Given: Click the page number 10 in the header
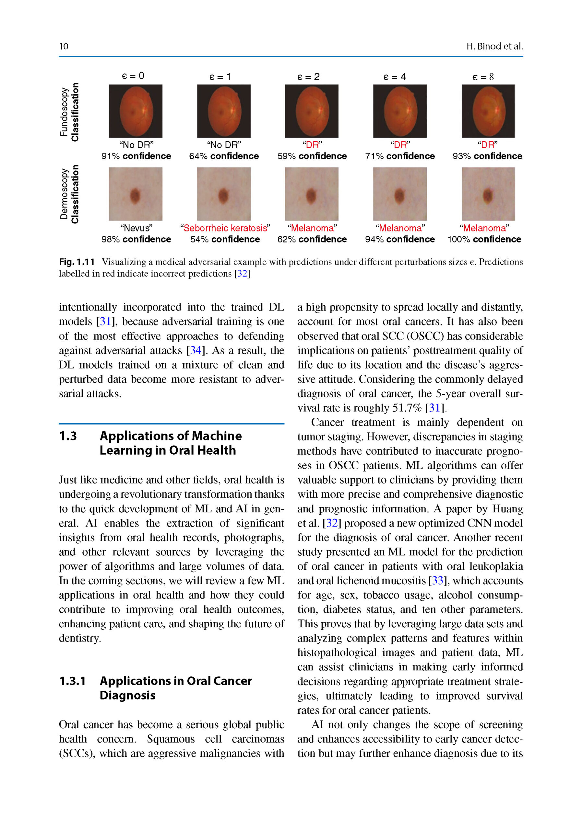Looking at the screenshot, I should [64, 46].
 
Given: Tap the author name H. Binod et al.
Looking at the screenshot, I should [494, 46].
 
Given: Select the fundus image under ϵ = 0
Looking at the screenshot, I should [136, 111].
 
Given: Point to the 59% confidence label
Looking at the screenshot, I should [312, 156].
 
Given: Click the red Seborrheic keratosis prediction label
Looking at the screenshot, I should [225, 228].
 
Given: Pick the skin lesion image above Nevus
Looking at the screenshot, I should [136, 194].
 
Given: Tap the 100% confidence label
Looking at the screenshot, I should [484, 239].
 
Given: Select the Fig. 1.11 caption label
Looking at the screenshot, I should [77, 262].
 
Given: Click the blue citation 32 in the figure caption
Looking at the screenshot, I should [242, 273].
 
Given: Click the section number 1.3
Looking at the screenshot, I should [68, 436].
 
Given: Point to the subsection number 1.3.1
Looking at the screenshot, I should [72, 681].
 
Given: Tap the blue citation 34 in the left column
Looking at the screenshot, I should [196, 350].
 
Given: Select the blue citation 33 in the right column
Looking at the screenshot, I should [437, 580].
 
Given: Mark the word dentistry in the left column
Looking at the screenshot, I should [79, 638].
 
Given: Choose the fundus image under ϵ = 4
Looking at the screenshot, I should [399, 111].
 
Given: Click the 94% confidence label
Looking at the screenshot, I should [399, 239].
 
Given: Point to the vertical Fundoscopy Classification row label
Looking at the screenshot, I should [69, 112].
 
